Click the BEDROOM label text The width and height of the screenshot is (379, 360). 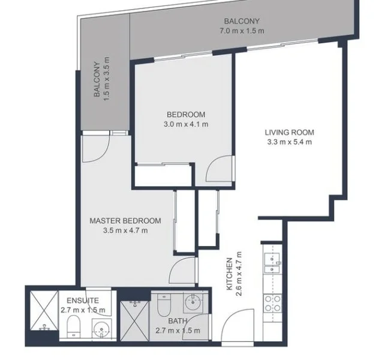186,115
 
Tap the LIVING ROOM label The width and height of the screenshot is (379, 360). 290,132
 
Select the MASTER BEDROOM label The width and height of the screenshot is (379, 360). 125,220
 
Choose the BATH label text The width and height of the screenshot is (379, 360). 177,321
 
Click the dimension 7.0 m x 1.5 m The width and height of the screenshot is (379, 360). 242,30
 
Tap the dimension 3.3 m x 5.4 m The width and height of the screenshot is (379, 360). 290,142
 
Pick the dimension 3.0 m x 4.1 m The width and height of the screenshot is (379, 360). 186,125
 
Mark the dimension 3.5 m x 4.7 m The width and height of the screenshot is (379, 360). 125,230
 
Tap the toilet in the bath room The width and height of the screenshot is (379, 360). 164,306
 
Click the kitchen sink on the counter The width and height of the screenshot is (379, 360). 273,263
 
